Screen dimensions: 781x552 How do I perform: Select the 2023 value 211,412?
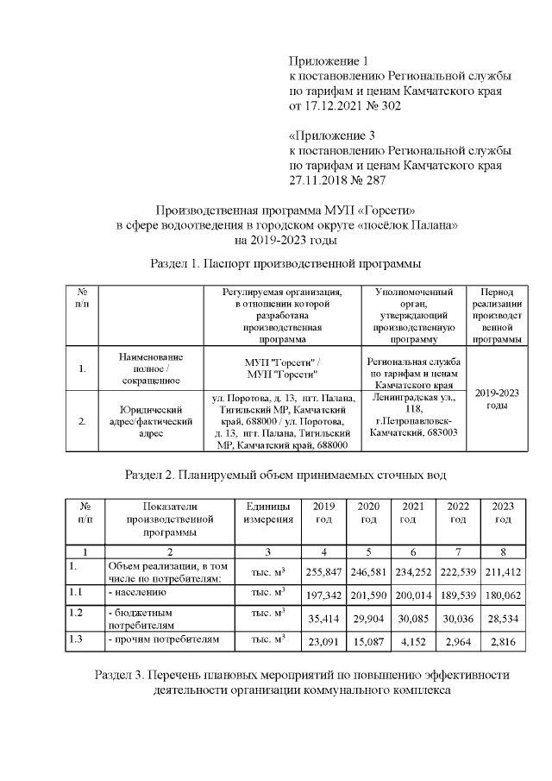(503, 571)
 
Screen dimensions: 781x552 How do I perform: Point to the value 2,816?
(503, 642)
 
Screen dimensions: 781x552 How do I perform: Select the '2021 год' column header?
(413, 513)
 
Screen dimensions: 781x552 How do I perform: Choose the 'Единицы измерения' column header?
(267, 513)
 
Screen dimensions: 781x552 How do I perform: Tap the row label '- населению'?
(137, 594)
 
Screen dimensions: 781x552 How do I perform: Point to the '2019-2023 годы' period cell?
(497, 399)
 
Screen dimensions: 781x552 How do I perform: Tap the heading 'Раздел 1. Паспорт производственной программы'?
(286, 262)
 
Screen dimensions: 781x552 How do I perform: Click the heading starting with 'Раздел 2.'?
(286, 475)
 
